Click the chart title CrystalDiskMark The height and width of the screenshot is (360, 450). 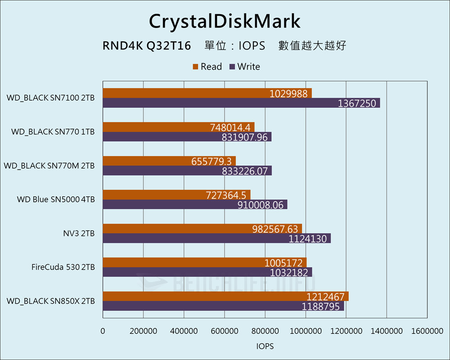[225, 21]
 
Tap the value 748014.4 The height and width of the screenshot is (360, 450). [232, 127]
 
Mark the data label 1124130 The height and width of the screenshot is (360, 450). [309, 238]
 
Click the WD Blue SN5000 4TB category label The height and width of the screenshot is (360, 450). [56, 199]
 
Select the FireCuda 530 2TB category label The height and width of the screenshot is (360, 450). [63, 267]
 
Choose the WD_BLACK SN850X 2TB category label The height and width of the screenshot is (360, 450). [51, 301]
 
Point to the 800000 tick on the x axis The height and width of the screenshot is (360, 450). [265, 331]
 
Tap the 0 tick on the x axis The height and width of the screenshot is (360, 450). [103, 331]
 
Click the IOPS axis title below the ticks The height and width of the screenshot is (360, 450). [265, 346]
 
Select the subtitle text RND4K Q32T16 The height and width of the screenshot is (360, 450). [147, 46]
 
